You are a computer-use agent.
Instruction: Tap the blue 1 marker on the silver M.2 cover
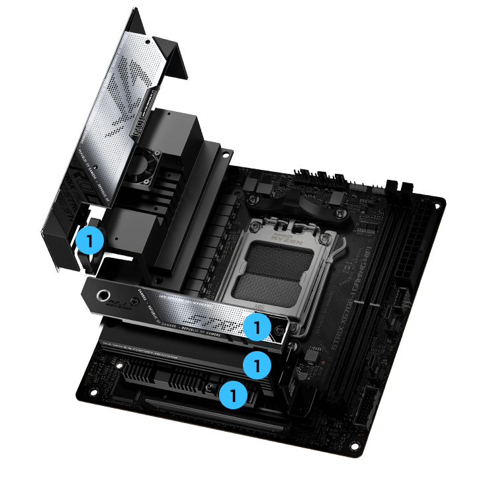click(x=256, y=327)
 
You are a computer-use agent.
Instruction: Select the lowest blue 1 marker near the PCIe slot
click(x=232, y=396)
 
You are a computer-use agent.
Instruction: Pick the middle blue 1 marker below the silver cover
click(x=256, y=364)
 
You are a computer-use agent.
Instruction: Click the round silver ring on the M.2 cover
click(x=105, y=295)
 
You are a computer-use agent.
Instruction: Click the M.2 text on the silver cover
click(x=120, y=308)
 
